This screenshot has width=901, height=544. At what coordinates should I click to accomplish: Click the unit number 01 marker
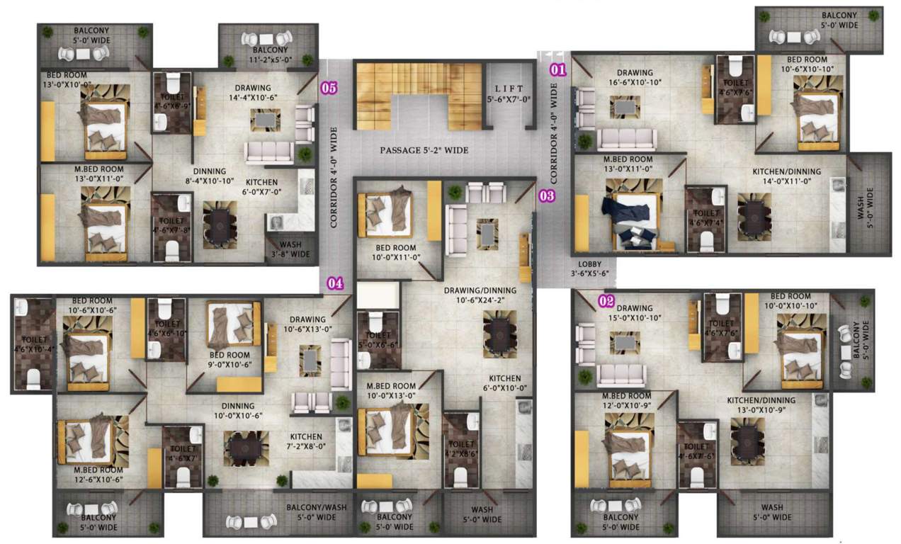[x=559, y=69]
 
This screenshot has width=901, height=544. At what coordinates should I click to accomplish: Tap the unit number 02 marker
[x=606, y=300]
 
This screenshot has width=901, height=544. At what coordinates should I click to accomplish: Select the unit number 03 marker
[x=546, y=196]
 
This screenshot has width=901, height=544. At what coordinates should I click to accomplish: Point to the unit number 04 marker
[x=335, y=283]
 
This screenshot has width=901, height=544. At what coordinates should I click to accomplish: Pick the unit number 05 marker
[x=329, y=89]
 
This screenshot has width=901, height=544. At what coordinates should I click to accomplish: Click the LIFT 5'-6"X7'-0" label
[x=508, y=95]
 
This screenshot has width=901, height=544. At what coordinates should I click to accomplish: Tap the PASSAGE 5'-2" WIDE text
[x=424, y=150]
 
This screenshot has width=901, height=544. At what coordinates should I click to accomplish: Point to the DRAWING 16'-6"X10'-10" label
[x=634, y=77]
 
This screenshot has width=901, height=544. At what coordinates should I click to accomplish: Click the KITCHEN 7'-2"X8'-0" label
[x=306, y=441]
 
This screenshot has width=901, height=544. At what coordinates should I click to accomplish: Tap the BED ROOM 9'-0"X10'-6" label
[x=229, y=360]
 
